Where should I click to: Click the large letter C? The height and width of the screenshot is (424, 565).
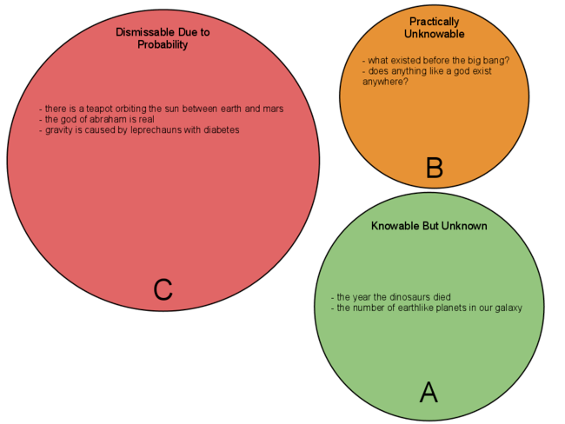click(x=163, y=289)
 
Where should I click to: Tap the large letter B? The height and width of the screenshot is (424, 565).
click(x=435, y=169)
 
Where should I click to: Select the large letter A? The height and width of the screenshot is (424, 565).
click(x=429, y=393)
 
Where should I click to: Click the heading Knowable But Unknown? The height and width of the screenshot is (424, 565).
click(x=429, y=226)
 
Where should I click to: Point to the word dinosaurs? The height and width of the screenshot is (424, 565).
click(x=406, y=297)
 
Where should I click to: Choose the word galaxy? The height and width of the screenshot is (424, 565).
click(x=505, y=308)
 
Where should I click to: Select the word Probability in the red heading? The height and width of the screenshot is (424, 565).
click(x=163, y=44)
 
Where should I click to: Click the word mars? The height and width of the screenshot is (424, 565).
click(x=273, y=109)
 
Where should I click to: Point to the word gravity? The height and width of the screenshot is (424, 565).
click(x=59, y=130)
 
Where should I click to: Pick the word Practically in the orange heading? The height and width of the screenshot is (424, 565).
click(x=435, y=21)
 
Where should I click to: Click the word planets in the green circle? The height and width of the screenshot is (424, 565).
click(x=442, y=308)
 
